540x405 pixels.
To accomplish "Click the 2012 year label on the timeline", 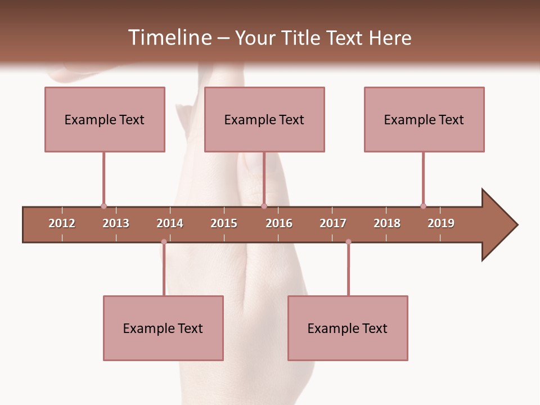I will (x=62, y=223).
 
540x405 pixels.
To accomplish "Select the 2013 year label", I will (x=116, y=223).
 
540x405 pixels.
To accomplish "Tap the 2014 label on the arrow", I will (x=170, y=223).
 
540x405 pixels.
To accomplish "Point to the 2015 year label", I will (x=224, y=223).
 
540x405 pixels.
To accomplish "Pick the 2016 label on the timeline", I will (x=279, y=223).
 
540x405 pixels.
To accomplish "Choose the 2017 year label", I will (x=333, y=223).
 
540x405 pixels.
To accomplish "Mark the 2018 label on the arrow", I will (x=387, y=223).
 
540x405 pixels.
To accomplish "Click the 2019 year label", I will (x=441, y=223).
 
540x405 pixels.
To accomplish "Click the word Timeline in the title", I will (x=169, y=38).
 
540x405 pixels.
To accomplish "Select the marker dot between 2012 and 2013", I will (x=103, y=206).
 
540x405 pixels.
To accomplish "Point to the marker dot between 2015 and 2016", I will (x=264, y=206).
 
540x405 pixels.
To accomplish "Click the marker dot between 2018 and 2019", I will (x=423, y=206).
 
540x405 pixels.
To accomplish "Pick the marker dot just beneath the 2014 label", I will (x=164, y=242).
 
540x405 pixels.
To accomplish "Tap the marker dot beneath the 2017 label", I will (x=348, y=242).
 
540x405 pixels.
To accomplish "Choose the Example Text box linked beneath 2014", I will (x=163, y=328).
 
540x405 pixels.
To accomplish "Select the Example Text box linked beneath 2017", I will (x=348, y=328).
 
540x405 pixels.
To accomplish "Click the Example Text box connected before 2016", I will (x=264, y=119).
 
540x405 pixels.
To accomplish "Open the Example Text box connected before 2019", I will (x=424, y=119).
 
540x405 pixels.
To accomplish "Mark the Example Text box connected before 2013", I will (x=105, y=119).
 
